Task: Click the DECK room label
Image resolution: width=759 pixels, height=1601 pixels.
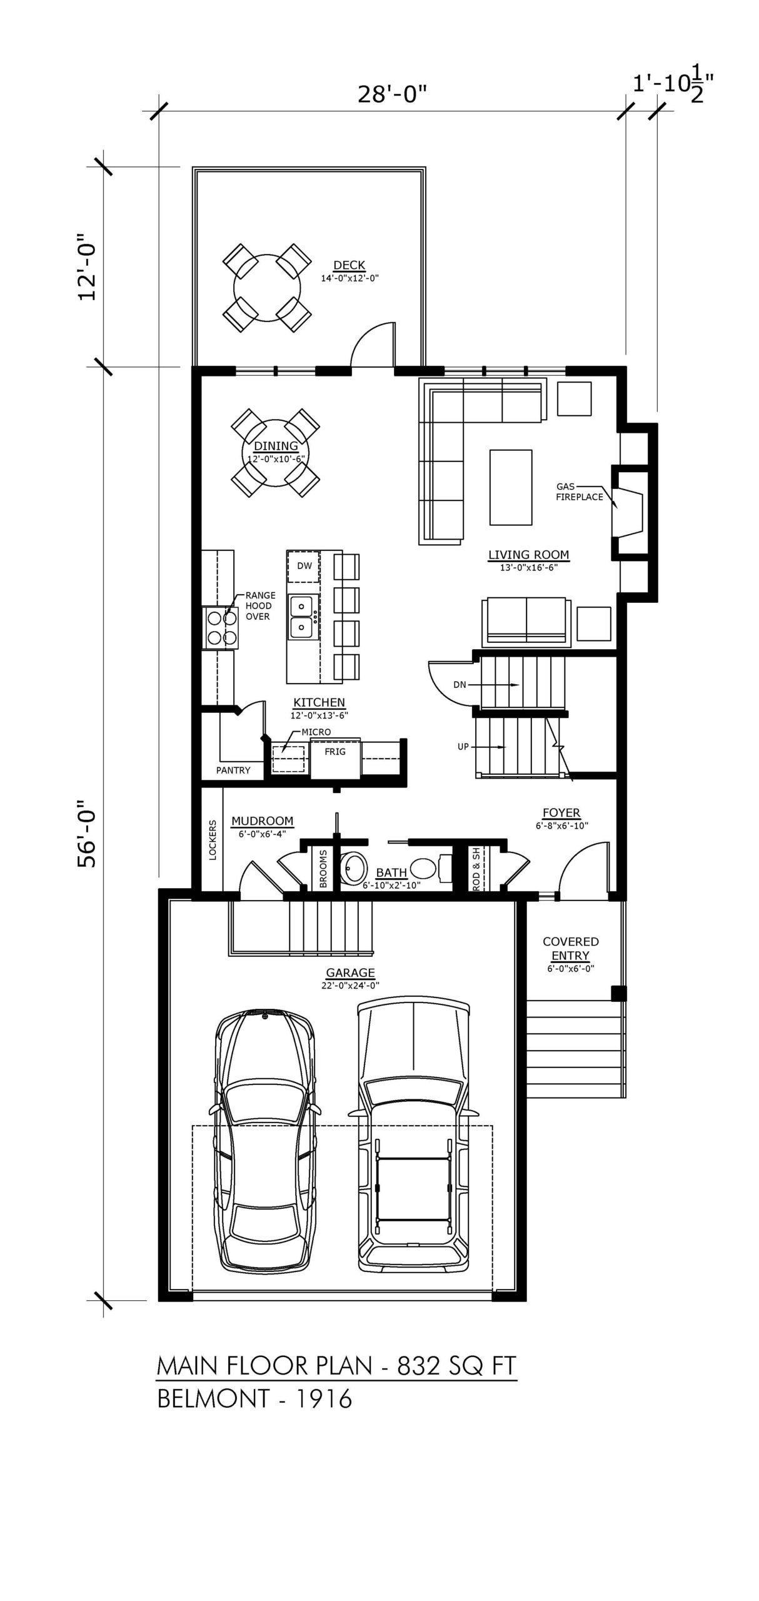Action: (349, 266)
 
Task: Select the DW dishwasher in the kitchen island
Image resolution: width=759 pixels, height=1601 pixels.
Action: (304, 567)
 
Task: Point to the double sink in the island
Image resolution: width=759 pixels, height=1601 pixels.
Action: (303, 616)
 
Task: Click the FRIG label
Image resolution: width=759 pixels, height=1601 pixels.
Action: (335, 751)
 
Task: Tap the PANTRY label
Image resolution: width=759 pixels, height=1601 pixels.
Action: (233, 770)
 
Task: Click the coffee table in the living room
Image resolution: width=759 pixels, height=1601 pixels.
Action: (511, 487)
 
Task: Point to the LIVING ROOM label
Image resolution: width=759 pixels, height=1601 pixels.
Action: (528, 555)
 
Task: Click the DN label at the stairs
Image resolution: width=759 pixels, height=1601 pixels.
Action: (460, 685)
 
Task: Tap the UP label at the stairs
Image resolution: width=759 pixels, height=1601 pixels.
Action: (463, 747)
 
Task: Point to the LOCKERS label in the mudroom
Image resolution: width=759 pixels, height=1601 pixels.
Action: (213, 840)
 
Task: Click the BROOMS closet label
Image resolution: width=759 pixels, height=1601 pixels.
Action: (323, 868)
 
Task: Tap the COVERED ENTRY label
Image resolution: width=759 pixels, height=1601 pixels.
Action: (571, 949)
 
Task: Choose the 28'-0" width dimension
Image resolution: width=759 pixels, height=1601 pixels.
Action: (392, 94)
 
